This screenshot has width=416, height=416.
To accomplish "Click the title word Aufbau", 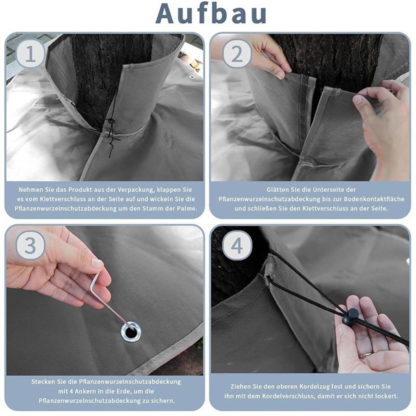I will click(211, 13).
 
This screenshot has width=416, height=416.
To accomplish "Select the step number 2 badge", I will click(237, 54).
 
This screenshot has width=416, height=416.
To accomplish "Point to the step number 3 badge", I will click(30, 246).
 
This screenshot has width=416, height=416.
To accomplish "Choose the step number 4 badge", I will click(237, 247).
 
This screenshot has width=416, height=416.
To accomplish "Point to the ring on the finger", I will click(365, 356).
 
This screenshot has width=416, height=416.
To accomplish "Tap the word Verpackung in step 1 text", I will click(151, 190).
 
